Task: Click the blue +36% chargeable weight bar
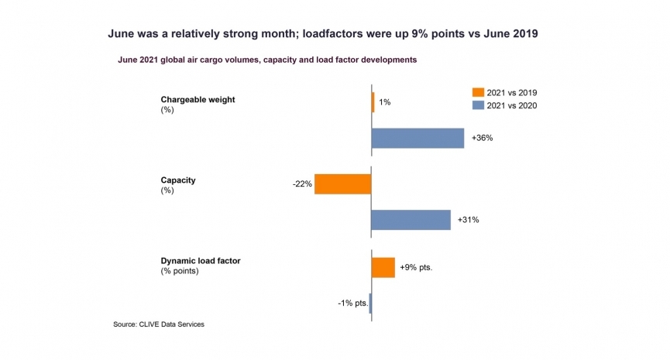tap(417, 138)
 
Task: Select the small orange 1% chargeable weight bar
tap(373, 102)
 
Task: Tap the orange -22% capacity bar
tap(343, 183)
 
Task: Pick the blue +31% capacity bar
tap(411, 220)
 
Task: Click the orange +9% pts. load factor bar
tap(383, 267)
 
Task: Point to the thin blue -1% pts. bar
tap(370, 303)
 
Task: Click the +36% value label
tap(481, 139)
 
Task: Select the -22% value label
tap(302, 184)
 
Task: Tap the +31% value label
tap(468, 220)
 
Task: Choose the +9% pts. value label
tap(415, 268)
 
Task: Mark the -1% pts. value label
tap(352, 303)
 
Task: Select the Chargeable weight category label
tap(198, 99)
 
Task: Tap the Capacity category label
tap(177, 180)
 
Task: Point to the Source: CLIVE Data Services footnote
tap(159, 324)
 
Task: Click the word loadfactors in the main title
tap(334, 35)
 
